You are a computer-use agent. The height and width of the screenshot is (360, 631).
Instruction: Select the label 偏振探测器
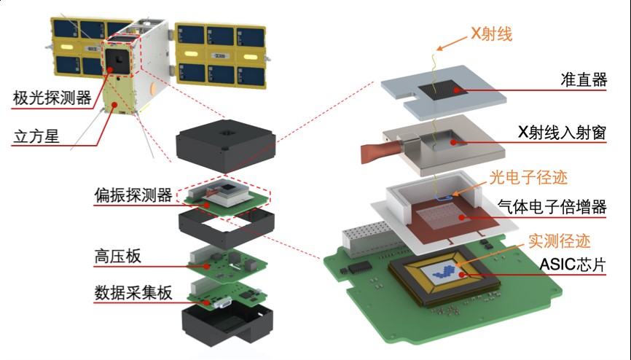click(x=132, y=195)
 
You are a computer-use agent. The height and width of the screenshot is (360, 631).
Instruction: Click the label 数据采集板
click(x=133, y=293)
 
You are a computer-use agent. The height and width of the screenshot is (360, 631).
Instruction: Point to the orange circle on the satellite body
click(x=152, y=90)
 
